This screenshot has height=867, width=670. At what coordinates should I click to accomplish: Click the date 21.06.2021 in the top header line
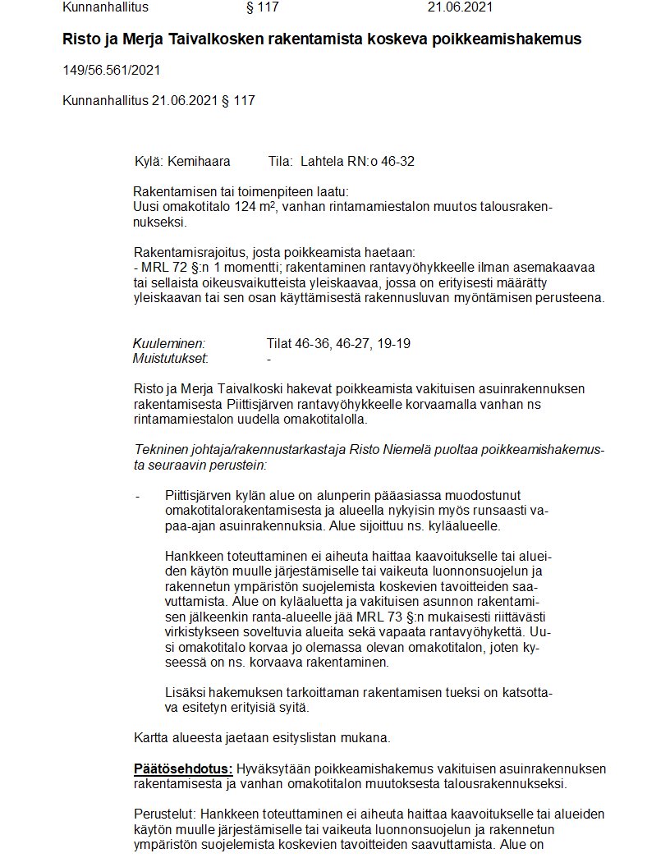[460, 8]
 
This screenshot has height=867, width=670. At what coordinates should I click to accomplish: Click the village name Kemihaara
[199, 162]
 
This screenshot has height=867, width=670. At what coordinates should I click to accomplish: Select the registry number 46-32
[397, 162]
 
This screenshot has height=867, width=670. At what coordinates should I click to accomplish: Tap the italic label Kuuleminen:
[169, 344]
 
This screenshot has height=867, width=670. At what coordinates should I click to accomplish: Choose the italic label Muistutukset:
[171, 358]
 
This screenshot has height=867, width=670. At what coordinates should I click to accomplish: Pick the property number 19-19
[393, 344]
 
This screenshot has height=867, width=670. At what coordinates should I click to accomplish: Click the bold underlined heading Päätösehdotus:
[184, 769]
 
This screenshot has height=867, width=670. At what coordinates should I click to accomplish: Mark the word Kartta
[152, 737]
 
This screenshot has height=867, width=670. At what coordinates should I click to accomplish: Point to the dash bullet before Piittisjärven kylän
[137, 496]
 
